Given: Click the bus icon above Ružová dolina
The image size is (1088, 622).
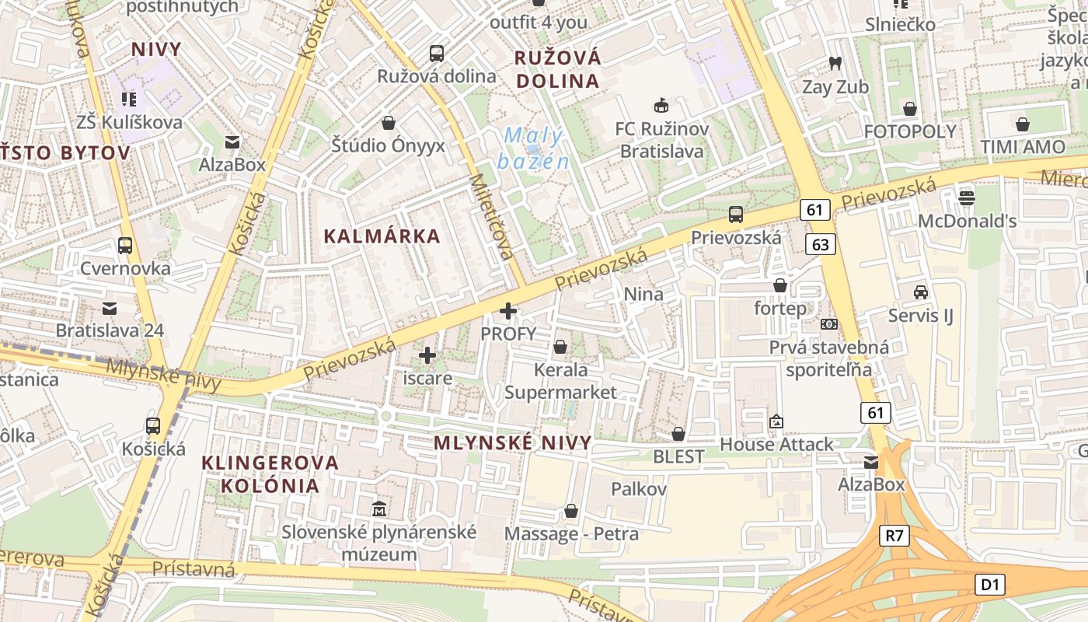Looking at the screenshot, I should click(437, 54).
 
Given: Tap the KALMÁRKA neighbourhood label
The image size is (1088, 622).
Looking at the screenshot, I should click(382, 236).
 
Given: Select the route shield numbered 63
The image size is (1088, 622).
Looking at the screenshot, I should click(821, 245).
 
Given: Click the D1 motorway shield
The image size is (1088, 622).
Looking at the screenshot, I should click(991, 585).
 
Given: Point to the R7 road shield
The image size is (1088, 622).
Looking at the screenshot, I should click(894, 535).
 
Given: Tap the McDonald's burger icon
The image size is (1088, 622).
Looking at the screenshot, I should click(967, 197).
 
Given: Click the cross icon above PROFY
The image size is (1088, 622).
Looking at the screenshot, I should click(508, 312).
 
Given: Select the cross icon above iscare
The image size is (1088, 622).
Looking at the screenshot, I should click(427, 356).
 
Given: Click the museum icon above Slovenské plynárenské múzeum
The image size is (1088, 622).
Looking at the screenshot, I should click(379, 510).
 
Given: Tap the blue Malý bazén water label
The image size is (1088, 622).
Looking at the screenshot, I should click(533, 149).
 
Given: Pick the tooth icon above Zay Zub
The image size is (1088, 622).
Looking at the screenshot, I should click(835, 64).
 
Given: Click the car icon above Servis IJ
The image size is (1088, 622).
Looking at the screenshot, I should click(921, 292).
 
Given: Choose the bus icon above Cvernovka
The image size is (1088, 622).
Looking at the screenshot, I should click(125, 246).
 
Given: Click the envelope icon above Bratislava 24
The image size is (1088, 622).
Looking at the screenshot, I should click(110, 308).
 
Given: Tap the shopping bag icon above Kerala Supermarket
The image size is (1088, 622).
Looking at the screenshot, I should click(560, 347).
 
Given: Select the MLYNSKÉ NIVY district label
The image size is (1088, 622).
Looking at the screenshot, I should click(512, 443).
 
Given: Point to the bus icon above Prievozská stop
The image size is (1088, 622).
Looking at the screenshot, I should click(736, 215).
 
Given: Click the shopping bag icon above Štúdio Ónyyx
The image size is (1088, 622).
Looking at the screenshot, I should click(389, 123).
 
